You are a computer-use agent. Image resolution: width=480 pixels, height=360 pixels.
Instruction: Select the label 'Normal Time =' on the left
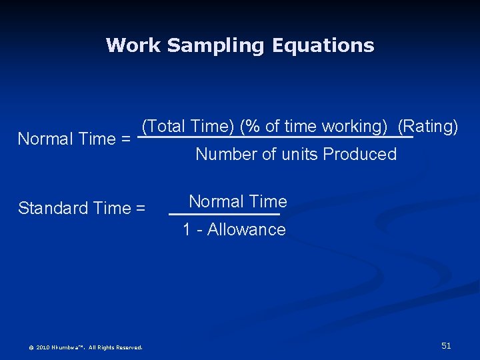[x=73, y=139]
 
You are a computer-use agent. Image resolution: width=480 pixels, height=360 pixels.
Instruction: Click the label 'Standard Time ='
[x=81, y=208]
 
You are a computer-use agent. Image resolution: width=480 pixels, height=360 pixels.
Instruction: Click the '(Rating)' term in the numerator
[x=427, y=126]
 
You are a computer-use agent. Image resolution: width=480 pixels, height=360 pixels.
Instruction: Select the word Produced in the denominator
[x=359, y=155]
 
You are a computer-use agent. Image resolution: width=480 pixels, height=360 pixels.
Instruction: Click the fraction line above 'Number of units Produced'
[x=275, y=138]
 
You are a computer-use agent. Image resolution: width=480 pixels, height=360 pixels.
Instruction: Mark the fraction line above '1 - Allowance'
[x=225, y=214]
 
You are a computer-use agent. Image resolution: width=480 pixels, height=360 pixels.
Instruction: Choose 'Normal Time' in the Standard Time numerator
[x=238, y=201]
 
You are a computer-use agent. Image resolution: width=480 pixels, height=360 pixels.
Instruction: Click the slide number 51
[x=446, y=345]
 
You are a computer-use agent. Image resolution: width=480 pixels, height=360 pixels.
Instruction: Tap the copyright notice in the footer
[x=85, y=347]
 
